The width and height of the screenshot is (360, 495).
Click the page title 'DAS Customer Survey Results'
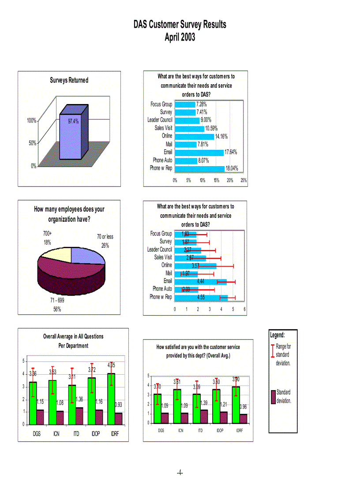pyautogui.click(x=180, y=25)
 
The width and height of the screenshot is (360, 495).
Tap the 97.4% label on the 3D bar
pyautogui.click(x=73, y=121)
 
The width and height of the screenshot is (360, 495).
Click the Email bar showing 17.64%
pyautogui.click(x=199, y=153)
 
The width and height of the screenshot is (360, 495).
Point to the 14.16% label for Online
pyautogui.click(x=221, y=136)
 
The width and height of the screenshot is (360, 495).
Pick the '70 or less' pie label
pyautogui.click(x=105, y=237)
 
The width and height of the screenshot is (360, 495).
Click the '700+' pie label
pyautogui.click(x=47, y=233)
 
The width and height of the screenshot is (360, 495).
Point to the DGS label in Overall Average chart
pyautogui.click(x=37, y=434)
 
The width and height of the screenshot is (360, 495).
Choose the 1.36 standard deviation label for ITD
pyautogui.click(x=79, y=399)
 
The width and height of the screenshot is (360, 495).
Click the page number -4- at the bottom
pyautogui.click(x=180, y=473)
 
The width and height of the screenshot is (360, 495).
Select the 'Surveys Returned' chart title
pyautogui.click(x=69, y=80)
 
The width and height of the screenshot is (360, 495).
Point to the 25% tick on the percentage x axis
pyautogui.click(x=244, y=180)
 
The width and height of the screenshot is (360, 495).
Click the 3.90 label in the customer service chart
pyautogui.click(x=236, y=380)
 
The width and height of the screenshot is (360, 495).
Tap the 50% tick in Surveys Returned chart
pyautogui.click(x=32, y=143)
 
